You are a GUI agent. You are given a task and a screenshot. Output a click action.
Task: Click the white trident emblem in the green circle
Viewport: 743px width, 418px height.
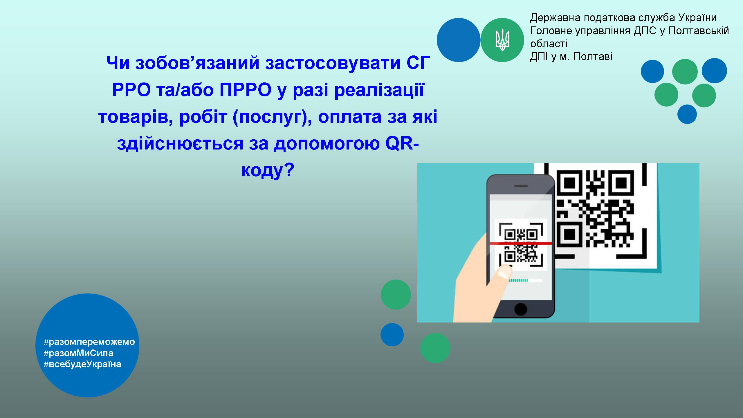502,40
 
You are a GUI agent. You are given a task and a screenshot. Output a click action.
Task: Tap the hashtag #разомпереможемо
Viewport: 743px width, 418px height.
89,342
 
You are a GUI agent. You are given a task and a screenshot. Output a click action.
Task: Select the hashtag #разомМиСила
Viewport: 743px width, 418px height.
78,353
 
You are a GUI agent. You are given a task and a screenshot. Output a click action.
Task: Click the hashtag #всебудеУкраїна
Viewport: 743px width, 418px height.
82,364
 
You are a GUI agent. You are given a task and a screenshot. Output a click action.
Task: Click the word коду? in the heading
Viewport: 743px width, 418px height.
268,170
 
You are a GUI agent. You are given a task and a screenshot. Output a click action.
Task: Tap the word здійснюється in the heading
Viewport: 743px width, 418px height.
180,143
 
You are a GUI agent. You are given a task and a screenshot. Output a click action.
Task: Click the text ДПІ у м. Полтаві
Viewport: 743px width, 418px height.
571,57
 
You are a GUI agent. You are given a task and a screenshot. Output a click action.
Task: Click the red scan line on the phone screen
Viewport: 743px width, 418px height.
521,243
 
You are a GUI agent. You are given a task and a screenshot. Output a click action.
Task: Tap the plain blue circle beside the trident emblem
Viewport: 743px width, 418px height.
459,40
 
